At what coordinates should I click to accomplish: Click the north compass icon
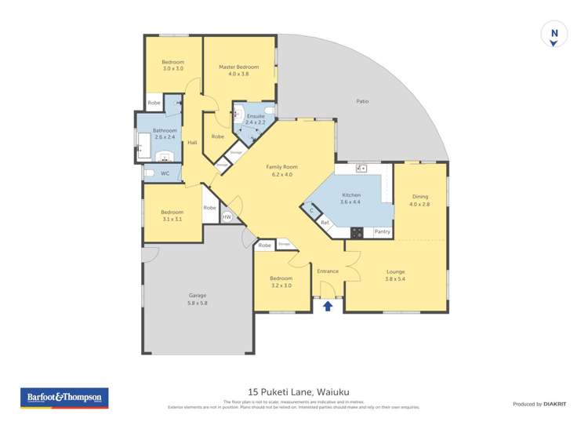pyautogui.click(x=554, y=35)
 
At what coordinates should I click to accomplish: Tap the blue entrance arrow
pyautogui.click(x=328, y=307)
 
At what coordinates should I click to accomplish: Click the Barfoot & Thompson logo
pyautogui.click(x=64, y=398)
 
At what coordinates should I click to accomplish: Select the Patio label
pyautogui.click(x=361, y=101)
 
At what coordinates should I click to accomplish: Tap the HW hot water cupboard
pyautogui.click(x=227, y=217)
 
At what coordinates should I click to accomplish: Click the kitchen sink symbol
pyautogui.click(x=361, y=168)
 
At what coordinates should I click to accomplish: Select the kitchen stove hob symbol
pyautogui.click(x=357, y=232)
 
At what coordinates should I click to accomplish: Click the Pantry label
pyautogui.click(x=382, y=232)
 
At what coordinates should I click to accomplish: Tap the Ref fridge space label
pyautogui.click(x=325, y=224)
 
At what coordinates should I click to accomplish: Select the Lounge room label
pyautogui.click(x=395, y=275)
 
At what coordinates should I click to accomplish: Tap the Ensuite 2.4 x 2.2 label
pyautogui.click(x=256, y=119)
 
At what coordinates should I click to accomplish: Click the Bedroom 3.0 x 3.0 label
pyautogui.click(x=172, y=65)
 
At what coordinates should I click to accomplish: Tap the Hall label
pyautogui.click(x=192, y=142)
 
